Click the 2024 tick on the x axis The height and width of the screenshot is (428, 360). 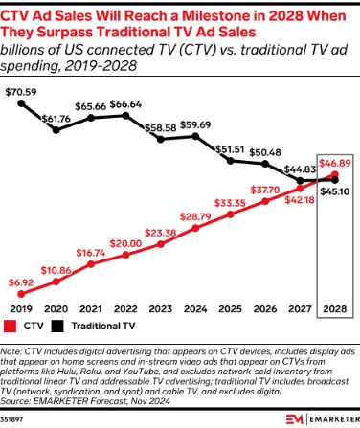click(195, 309)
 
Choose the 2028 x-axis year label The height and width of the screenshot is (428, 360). click(333, 309)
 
